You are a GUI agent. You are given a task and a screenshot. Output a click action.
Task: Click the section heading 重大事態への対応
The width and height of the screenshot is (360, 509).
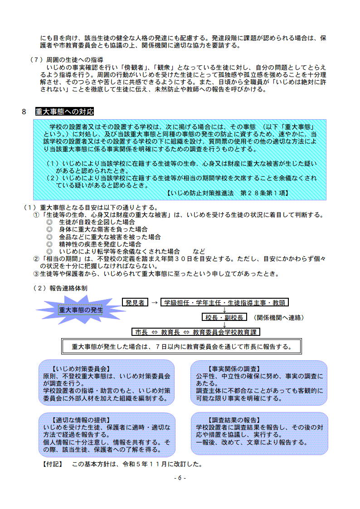click(65, 112)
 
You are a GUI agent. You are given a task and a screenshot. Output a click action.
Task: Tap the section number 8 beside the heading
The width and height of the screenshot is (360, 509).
click(24, 112)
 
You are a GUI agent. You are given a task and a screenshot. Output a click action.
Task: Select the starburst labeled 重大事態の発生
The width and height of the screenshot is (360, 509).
click(81, 310)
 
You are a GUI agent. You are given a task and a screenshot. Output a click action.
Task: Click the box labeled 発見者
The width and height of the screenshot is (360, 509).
click(135, 303)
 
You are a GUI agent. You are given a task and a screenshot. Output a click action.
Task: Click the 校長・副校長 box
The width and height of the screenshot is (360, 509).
click(224, 317)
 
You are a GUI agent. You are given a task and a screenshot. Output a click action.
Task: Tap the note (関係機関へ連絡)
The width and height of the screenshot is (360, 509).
click(277, 317)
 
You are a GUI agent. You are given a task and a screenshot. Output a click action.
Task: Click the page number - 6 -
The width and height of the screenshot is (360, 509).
click(180, 478)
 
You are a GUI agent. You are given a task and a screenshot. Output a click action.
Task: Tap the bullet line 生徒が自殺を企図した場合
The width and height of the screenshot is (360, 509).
click(97, 222)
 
